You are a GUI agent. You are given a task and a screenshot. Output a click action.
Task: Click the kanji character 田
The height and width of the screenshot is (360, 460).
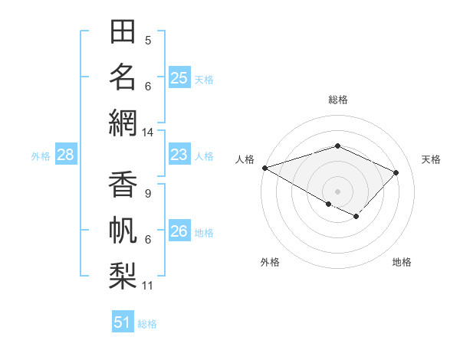pos(123,32)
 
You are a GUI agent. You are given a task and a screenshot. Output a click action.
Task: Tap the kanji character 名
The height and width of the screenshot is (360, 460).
pos(123,77)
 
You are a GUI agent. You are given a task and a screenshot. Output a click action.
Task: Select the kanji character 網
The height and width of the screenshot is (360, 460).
pos(123,123)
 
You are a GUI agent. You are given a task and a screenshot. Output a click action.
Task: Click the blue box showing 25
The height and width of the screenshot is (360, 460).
pos(179,77)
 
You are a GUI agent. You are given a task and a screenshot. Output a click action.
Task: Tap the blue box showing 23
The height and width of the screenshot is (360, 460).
pos(179,155)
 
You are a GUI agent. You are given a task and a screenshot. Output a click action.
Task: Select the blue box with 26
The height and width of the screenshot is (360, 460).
pos(179,231)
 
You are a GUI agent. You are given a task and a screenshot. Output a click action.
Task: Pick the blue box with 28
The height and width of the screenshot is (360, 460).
pos(65,155)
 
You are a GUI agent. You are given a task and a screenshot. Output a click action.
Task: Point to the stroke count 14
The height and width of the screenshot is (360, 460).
pos(147,133)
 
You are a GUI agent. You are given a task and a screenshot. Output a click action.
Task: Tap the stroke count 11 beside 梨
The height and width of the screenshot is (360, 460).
pos(147,286)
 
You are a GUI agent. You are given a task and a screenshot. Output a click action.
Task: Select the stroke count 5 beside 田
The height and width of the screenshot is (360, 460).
pos(148,41)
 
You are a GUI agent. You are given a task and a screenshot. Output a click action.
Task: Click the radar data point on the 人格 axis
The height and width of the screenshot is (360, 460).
pos(264,168)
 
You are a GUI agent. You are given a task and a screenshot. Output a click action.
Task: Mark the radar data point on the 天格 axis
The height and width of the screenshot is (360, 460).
pos(396,172)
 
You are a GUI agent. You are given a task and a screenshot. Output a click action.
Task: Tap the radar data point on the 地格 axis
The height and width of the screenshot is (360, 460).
pos(356,217)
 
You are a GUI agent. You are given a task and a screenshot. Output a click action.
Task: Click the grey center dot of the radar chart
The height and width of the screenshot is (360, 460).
pos(337,191)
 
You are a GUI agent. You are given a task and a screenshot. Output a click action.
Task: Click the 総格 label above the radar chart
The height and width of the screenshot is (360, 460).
pos(337,100)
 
